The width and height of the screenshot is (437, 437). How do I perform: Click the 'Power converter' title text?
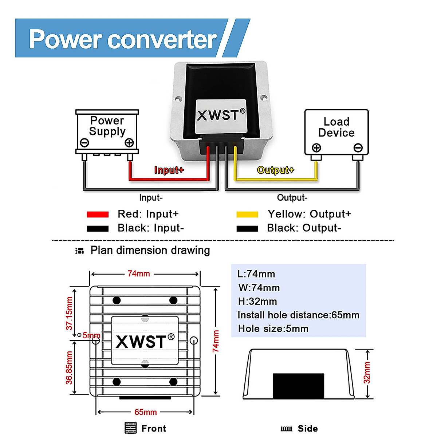(123, 39)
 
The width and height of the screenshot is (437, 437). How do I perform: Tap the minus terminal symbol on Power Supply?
(84, 142)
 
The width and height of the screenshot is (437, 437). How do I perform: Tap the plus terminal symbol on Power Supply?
(129, 142)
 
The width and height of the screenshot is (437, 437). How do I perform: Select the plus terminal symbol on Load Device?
(316, 148)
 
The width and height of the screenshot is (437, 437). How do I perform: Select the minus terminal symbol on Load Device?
(358, 148)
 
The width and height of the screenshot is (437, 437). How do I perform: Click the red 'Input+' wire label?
(169, 170)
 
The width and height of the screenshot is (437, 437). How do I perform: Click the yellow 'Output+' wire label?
(275, 170)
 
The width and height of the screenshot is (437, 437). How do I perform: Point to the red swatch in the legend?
(98, 214)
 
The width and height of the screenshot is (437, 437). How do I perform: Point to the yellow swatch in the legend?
(247, 214)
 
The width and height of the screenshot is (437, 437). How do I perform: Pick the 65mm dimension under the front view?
(146, 412)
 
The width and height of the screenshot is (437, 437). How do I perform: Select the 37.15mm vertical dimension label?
(69, 314)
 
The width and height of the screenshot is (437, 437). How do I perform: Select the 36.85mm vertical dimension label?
(69, 367)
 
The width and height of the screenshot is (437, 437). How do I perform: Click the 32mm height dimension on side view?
(367, 373)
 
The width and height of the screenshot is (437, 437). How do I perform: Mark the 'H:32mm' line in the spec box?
(257, 302)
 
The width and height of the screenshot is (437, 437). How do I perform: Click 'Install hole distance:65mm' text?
(298, 315)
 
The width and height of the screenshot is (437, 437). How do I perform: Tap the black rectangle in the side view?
(298, 386)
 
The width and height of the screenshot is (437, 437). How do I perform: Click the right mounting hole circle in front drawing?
(194, 341)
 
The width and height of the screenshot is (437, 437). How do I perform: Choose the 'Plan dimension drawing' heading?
(150, 251)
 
